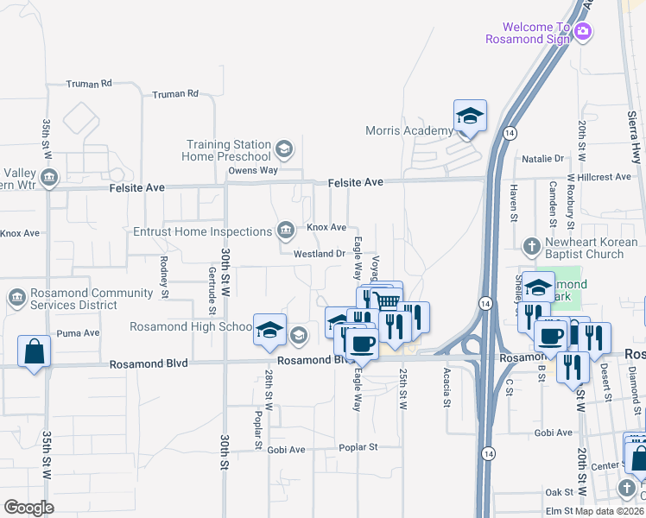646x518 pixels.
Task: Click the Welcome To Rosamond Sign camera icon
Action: coord(583,32)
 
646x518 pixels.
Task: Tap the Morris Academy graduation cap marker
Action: coord(470,117)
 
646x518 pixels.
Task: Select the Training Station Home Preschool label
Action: coord(226,150)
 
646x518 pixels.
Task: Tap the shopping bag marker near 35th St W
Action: coord(34,351)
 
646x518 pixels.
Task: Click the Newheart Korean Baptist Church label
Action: coord(585,249)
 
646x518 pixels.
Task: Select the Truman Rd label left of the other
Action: coord(90,84)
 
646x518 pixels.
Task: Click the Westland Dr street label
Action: coord(320,254)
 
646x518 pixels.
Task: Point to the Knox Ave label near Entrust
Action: coord(326,227)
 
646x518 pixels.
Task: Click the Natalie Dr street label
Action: coord(542,159)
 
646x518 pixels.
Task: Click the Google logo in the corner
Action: coord(28,508)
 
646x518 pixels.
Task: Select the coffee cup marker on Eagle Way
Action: coord(361,343)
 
